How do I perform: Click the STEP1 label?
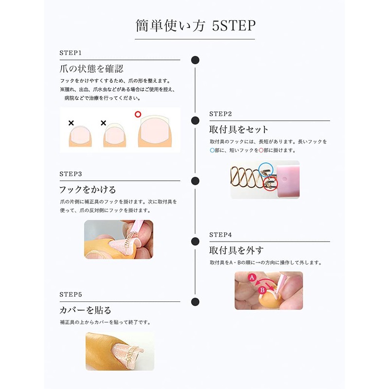coord(71,53)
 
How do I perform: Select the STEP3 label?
coord(71,174)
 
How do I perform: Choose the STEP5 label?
coord(71,295)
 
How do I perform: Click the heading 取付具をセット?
coord(239,129)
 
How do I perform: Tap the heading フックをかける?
coord(88,189)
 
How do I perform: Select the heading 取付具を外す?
coord(236,250)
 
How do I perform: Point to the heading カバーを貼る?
coord(85,310)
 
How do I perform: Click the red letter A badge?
coord(252,278)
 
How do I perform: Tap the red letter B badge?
coord(263,291)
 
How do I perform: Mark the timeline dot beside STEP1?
coord(195,60)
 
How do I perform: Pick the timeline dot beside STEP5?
coord(195,302)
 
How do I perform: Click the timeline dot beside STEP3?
coord(195,181)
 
